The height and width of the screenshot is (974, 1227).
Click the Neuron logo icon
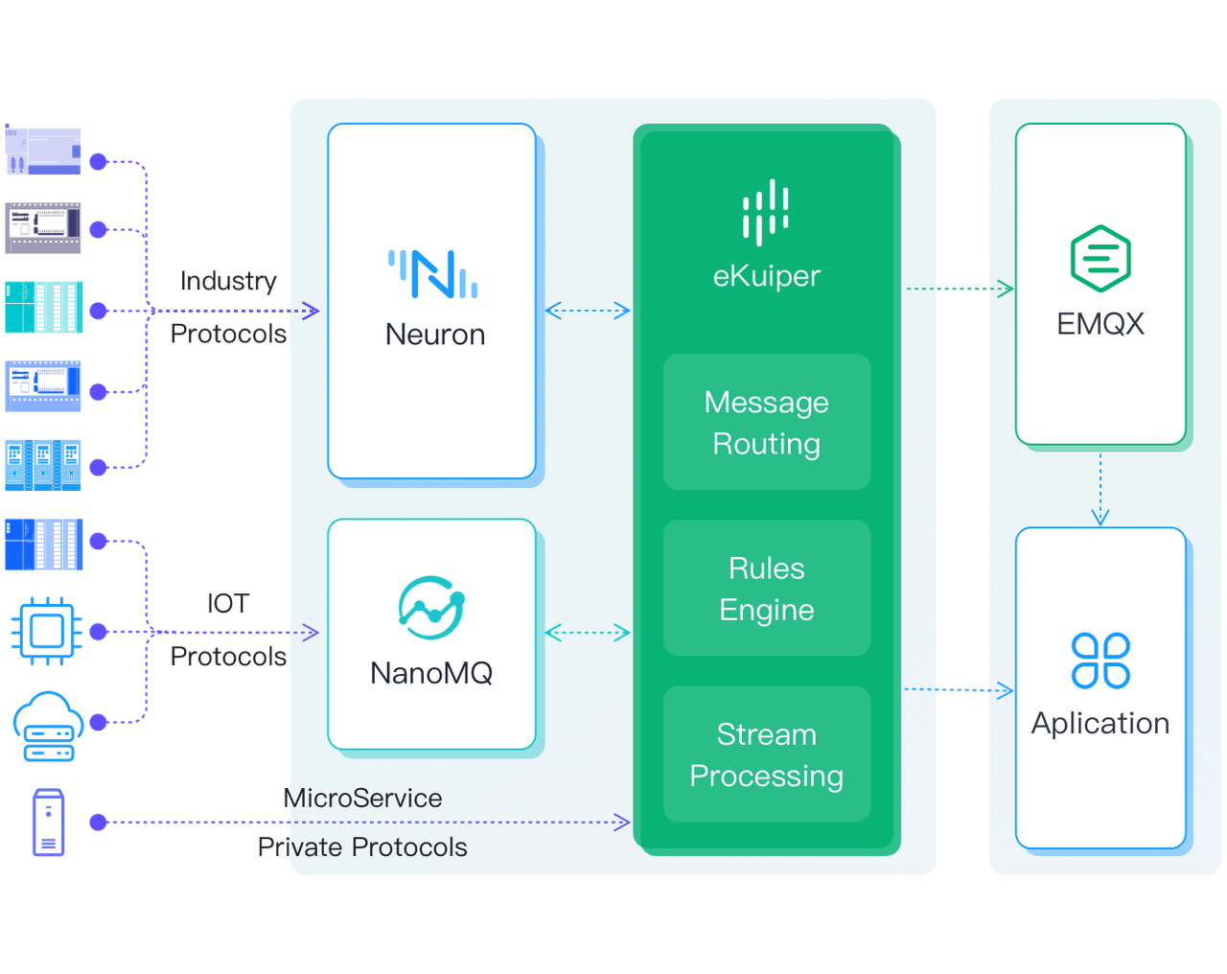(x=433, y=274)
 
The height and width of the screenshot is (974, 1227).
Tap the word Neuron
(x=434, y=335)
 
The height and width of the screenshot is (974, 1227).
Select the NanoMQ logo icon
(x=431, y=608)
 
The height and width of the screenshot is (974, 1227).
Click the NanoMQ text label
(x=431, y=673)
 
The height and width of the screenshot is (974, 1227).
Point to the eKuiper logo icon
(x=766, y=212)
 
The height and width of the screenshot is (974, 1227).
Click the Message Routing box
(x=767, y=423)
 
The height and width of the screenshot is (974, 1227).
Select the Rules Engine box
(x=767, y=589)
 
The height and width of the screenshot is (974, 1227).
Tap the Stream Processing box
(x=767, y=754)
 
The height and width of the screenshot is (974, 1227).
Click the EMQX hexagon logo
(x=1100, y=259)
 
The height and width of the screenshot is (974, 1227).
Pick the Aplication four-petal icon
(x=1100, y=661)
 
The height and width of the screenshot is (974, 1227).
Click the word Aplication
(x=1100, y=724)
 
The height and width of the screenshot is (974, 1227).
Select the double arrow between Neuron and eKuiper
(x=589, y=310)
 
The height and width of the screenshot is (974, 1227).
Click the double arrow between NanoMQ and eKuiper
(x=589, y=633)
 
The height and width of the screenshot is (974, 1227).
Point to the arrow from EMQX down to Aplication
(x=1100, y=489)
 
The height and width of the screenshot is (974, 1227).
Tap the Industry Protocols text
(x=229, y=307)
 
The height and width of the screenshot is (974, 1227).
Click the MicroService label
(x=364, y=799)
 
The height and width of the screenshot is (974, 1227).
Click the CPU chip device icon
(x=45, y=631)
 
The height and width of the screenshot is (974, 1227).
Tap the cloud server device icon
(x=48, y=727)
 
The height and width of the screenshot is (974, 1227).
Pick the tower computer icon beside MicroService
(x=48, y=823)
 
